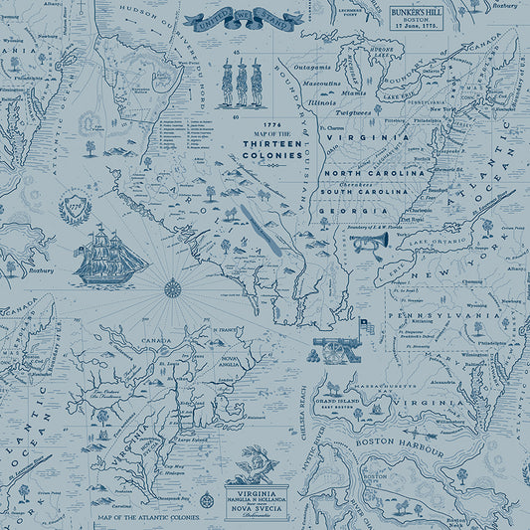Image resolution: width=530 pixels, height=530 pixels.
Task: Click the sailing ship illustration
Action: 110,255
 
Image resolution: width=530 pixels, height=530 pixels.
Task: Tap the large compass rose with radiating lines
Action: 172,289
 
